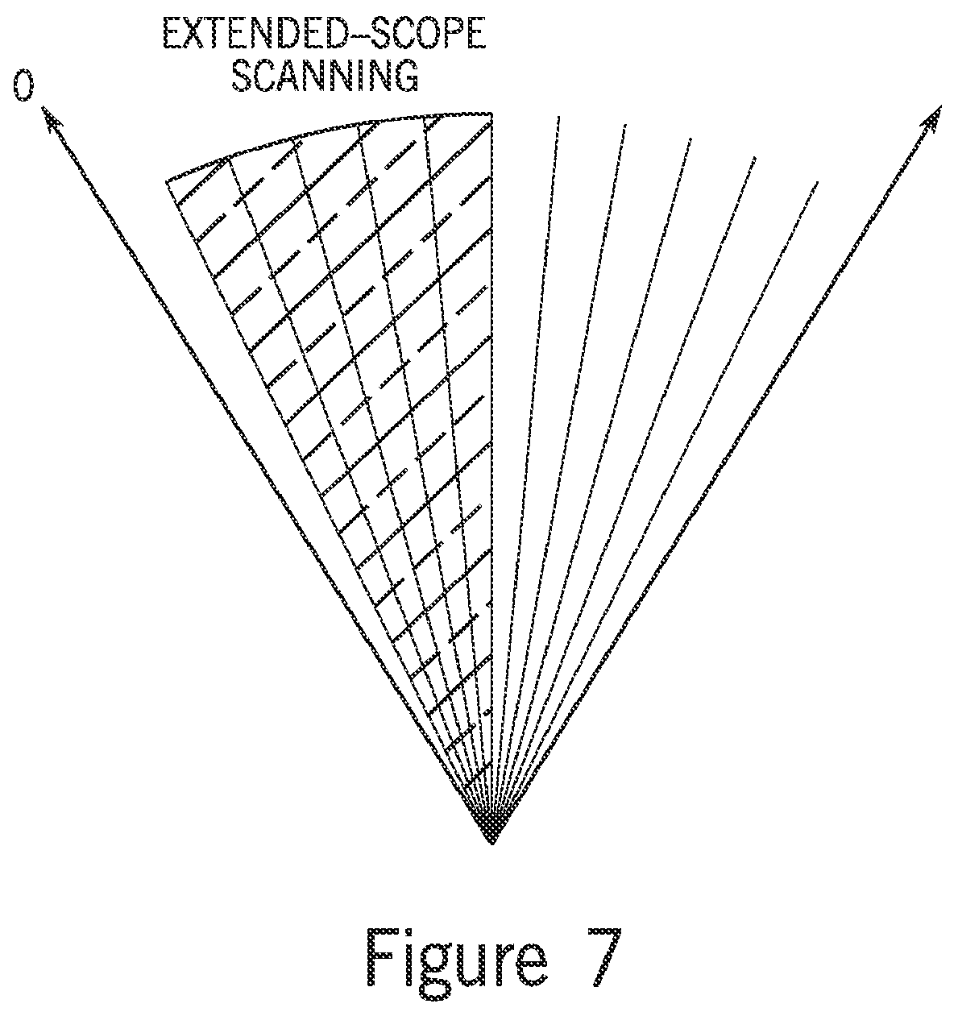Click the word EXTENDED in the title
(251, 34)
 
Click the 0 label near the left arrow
(23, 85)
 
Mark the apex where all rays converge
(491, 843)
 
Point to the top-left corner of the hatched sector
(166, 181)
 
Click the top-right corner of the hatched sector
(492, 114)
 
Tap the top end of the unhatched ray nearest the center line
(559, 118)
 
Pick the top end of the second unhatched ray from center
(625, 125)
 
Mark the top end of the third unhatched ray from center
(691, 138)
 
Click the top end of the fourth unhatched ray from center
(755, 157)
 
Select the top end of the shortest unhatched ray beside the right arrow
(818, 182)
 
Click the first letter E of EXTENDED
(174, 34)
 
